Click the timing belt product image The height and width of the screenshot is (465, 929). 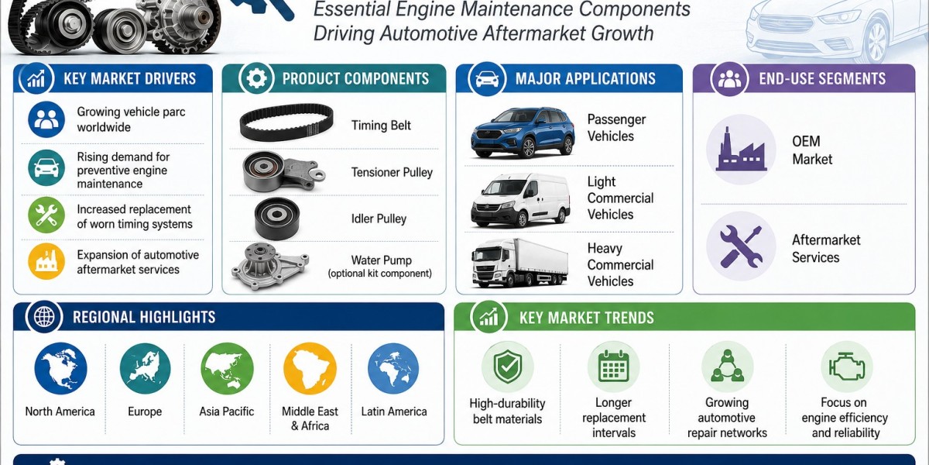(x=286, y=122)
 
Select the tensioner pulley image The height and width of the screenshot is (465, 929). (x=283, y=172)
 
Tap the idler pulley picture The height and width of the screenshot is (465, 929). (x=276, y=219)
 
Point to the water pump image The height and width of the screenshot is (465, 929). (x=270, y=267)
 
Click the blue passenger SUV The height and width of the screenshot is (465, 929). (x=523, y=133)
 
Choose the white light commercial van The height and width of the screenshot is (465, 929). (x=520, y=200)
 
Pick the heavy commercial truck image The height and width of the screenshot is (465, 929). (x=519, y=263)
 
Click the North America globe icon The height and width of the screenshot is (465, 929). (x=60, y=368)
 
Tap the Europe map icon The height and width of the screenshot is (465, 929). (x=145, y=368)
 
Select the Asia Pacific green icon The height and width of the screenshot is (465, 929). (x=227, y=368)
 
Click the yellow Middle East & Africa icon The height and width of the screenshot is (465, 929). (x=310, y=368)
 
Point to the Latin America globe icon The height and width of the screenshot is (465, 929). (x=393, y=368)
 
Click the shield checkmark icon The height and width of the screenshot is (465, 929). (x=507, y=367)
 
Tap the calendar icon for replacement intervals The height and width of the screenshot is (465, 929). (x=613, y=367)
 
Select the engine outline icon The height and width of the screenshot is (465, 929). (x=846, y=367)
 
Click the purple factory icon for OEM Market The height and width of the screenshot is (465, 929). (x=741, y=150)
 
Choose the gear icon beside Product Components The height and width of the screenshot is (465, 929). (x=256, y=78)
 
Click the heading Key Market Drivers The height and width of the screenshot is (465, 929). (x=129, y=78)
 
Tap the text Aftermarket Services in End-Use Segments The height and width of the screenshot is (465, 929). (x=826, y=248)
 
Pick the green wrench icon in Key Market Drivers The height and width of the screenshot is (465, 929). (x=46, y=215)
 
